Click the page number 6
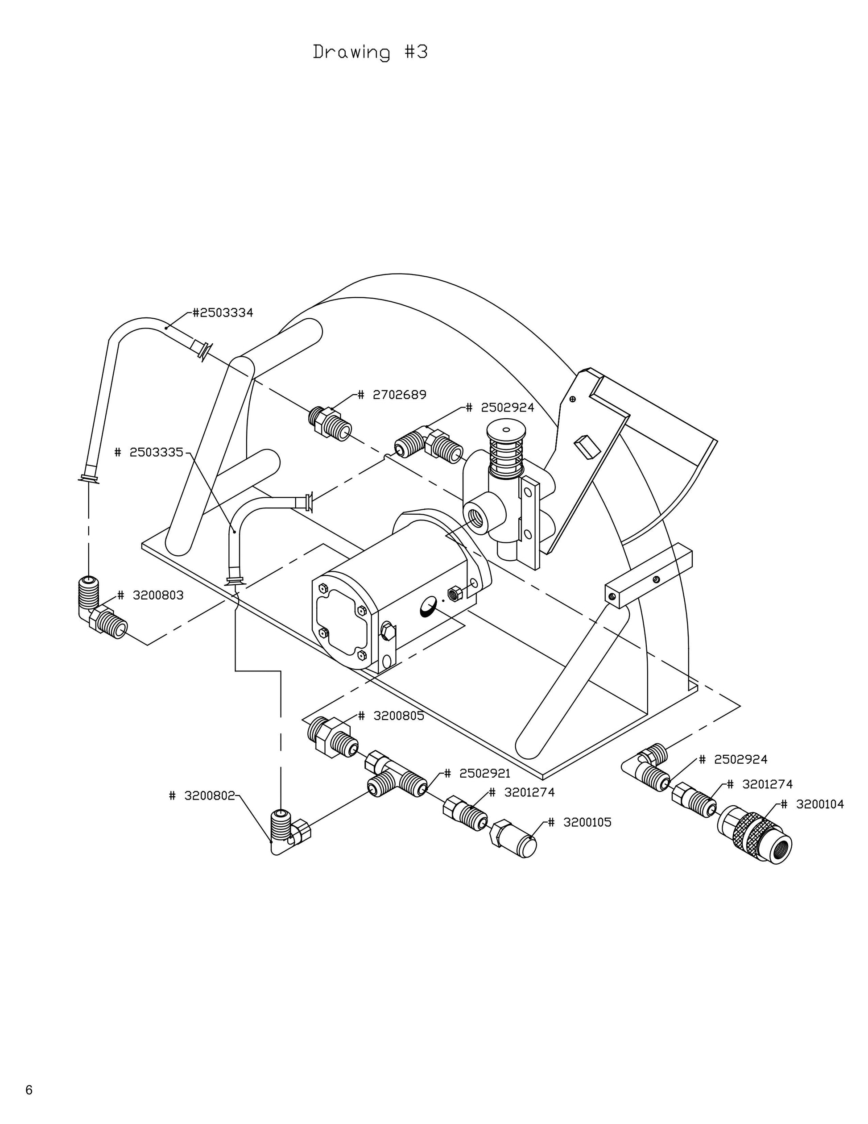29,1090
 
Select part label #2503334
222,313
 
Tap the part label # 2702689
392,395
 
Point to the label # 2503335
149,452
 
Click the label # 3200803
150,595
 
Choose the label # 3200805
391,716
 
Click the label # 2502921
477,774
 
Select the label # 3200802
202,795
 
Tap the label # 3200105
579,822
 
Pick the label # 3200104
812,804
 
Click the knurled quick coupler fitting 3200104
754,835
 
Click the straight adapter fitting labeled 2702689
331,423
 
